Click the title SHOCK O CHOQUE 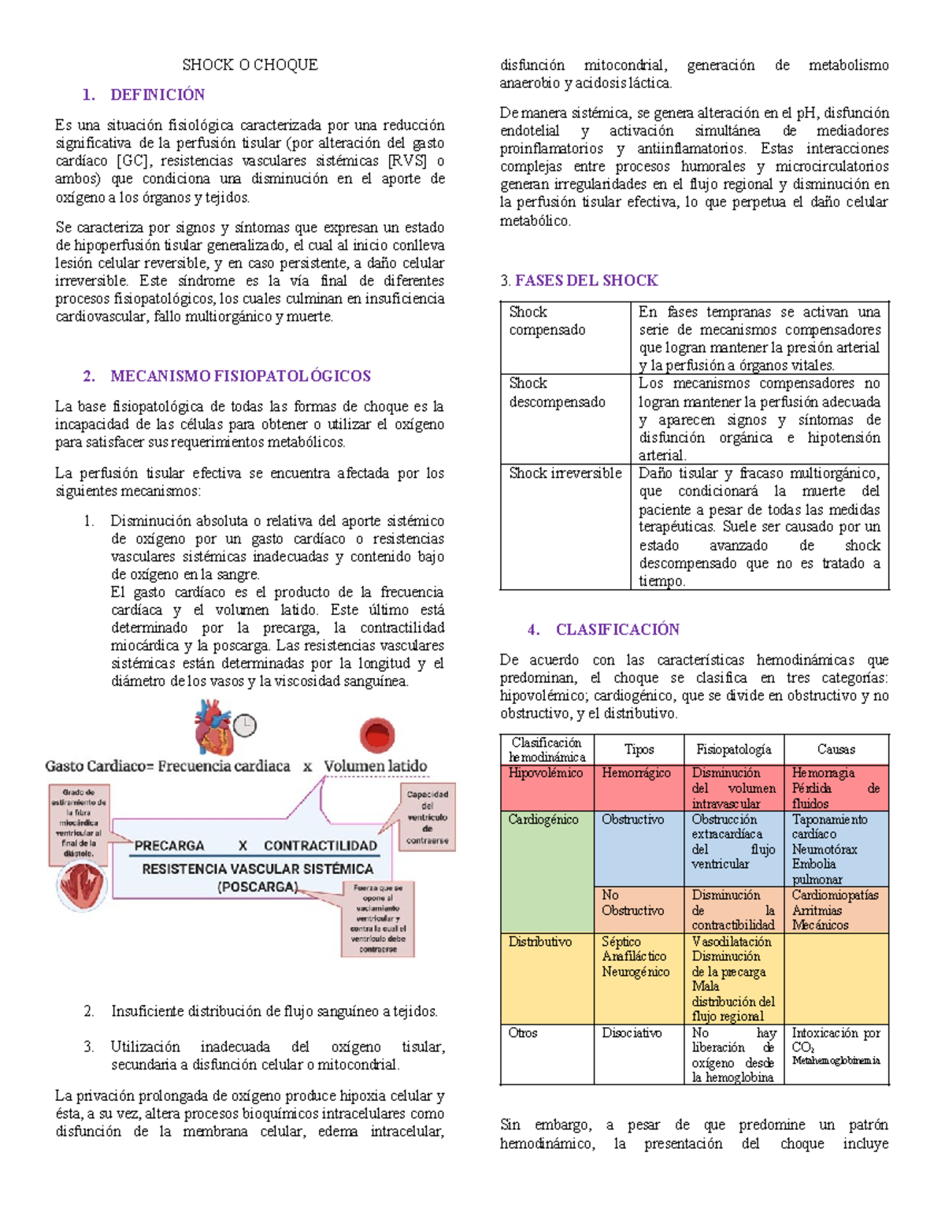[250, 65]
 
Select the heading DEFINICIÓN [157, 95]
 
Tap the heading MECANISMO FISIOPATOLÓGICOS [240, 376]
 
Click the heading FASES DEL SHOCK [586, 280]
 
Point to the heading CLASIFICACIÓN [617, 629]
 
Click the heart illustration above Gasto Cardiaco [213, 727]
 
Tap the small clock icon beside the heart [245, 725]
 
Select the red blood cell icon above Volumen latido [376, 735]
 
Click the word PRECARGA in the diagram [169, 845]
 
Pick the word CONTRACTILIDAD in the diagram [321, 845]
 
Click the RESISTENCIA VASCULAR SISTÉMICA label [258, 869]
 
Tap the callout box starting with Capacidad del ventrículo [427, 817]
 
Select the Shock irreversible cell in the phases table [565, 473]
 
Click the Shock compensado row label [547, 321]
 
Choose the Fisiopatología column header [733, 749]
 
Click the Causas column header [836, 749]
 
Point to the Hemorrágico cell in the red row [636, 773]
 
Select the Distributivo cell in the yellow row [540, 942]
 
